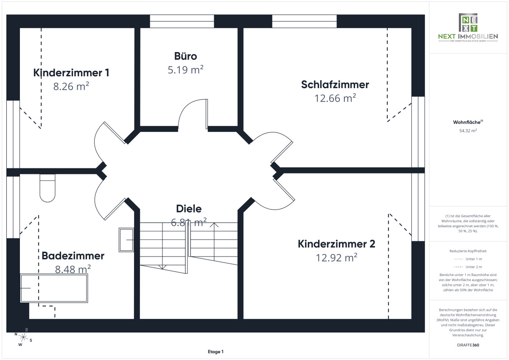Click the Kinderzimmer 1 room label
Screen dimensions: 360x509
coord(71,73)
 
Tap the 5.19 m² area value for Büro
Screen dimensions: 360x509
coord(185,70)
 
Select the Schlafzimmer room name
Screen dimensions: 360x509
coord(335,84)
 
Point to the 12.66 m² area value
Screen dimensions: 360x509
coord(335,98)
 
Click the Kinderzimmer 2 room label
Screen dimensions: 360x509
coord(336,244)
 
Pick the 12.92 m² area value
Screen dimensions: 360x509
coord(336,258)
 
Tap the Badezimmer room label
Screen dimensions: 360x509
coord(73,256)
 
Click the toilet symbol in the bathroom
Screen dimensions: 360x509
coord(48,188)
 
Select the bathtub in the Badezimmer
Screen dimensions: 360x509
coord(54,288)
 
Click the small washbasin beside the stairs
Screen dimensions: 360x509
coord(126,240)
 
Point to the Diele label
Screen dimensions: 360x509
coord(189,209)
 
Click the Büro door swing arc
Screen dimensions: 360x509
coord(192,112)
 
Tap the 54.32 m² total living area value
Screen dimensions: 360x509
coord(468,131)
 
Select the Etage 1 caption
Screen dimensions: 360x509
coord(215,352)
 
